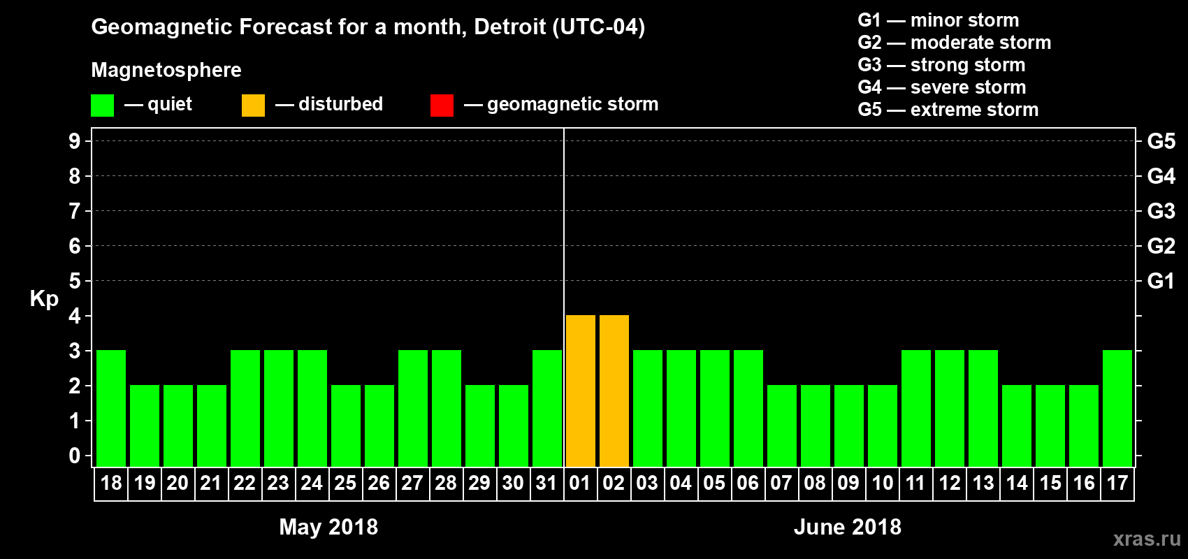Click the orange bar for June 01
[x=581, y=391]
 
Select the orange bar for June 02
[x=614, y=391]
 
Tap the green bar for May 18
[x=111, y=408]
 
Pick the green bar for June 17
[x=1117, y=408]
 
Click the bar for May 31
[x=547, y=408]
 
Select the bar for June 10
[x=883, y=426]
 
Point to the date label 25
[x=345, y=484]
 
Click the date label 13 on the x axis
[x=983, y=484]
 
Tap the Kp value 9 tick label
[x=75, y=141]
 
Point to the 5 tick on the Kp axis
[x=75, y=281]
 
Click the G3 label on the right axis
[x=1161, y=211]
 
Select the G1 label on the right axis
[x=1161, y=281]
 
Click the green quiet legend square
[x=102, y=106]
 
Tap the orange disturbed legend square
[x=253, y=106]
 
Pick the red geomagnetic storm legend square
[x=442, y=106]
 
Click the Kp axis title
[x=44, y=299]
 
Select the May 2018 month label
[x=328, y=527]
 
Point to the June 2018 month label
[x=848, y=527]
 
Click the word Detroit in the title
[x=510, y=27]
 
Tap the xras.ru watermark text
[x=1147, y=539]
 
